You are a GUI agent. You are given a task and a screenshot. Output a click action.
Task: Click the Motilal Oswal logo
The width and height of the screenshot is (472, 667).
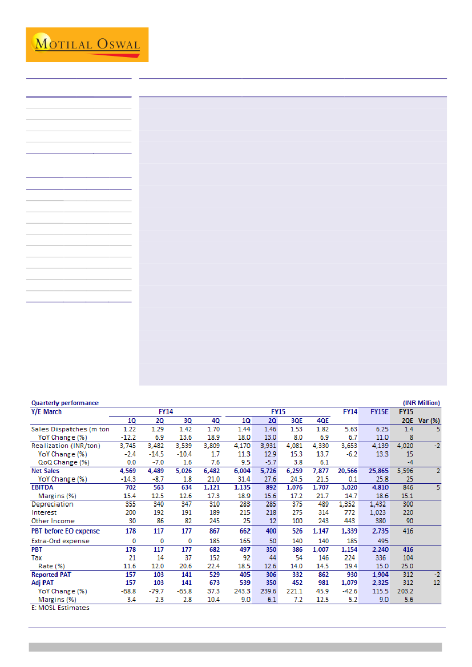[x=87, y=45]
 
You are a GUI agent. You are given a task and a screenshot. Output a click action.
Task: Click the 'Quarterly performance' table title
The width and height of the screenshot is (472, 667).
[x=64, y=403]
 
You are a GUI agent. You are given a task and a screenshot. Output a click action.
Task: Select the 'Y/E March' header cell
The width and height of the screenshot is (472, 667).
[x=47, y=411]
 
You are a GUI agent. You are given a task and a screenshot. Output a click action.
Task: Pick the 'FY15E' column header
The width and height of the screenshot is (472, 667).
[x=380, y=411]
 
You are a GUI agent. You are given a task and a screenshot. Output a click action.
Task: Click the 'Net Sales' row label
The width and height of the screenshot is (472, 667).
[x=46, y=471]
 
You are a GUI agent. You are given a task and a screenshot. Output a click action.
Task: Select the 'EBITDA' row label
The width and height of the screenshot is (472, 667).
[x=42, y=488]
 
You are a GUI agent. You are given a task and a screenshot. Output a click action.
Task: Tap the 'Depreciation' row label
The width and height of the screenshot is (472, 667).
[x=52, y=504]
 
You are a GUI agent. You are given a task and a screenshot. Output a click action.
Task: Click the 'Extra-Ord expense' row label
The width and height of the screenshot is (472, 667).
[x=60, y=541]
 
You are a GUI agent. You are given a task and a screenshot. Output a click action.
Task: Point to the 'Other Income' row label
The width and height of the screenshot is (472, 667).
[x=52, y=521]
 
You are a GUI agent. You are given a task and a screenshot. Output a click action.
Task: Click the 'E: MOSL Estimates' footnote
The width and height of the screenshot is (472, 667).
[x=60, y=608]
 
